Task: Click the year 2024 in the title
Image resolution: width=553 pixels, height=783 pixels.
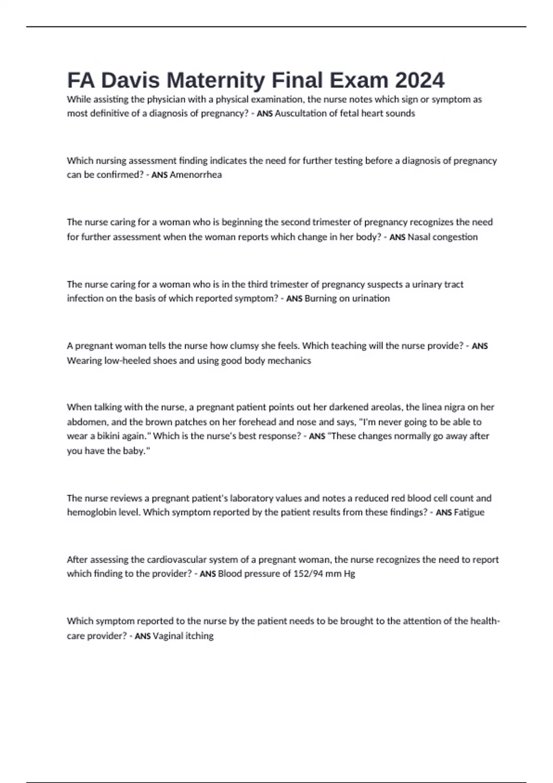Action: pyautogui.click(x=420, y=80)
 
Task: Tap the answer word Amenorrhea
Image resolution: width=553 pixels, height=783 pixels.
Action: pyautogui.click(x=196, y=175)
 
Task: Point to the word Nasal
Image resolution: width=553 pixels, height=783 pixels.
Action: pyautogui.click(x=419, y=237)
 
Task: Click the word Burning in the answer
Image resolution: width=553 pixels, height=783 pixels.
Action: pyautogui.click(x=321, y=298)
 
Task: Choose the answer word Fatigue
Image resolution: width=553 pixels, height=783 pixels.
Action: pyautogui.click(x=469, y=512)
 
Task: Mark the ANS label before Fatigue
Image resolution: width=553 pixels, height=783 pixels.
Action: pyautogui.click(x=443, y=513)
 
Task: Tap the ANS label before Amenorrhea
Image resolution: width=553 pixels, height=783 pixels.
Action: pyautogui.click(x=159, y=175)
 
